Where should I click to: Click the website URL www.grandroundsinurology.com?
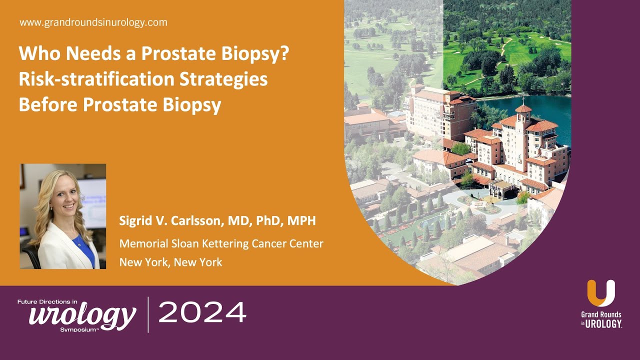(93, 22)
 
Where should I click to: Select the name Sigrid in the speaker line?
(135, 221)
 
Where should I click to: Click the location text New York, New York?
(170, 262)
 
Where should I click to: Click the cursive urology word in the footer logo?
(82, 315)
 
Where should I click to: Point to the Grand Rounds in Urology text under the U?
(601, 319)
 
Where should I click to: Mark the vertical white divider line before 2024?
(148, 314)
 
